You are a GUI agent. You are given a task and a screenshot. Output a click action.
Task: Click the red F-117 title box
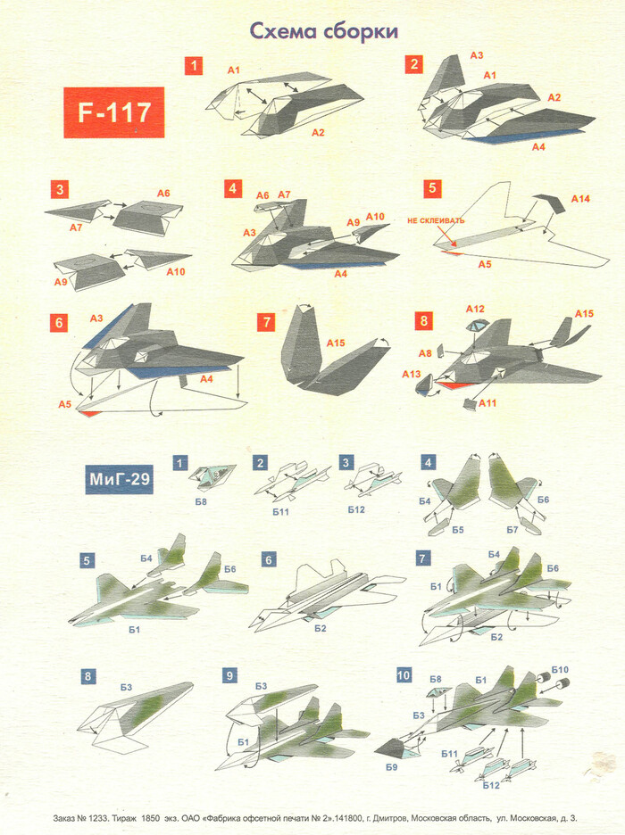(114, 112)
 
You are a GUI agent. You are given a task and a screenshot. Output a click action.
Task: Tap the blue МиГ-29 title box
(120, 479)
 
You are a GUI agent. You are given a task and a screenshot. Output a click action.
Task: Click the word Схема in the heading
(283, 31)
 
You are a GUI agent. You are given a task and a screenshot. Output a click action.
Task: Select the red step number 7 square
(266, 322)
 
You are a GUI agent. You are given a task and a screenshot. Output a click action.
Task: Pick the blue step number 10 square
(404, 675)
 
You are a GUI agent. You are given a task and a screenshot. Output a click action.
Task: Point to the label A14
(580, 199)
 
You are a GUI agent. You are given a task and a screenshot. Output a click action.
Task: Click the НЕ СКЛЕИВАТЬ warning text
(436, 220)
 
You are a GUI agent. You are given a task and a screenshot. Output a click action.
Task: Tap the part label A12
(475, 309)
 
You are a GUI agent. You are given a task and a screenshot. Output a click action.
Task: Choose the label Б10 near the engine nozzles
(560, 669)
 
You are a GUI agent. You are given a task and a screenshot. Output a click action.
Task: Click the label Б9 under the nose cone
(392, 767)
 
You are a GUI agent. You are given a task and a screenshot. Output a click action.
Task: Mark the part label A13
(411, 375)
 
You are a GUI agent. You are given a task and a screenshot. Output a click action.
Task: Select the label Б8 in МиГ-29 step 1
(201, 501)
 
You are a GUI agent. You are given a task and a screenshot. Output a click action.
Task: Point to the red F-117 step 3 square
(60, 190)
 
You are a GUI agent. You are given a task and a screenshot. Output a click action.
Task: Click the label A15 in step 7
(336, 343)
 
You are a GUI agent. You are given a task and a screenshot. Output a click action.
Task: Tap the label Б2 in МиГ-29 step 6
(320, 628)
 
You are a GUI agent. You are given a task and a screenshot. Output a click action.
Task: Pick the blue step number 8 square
(87, 677)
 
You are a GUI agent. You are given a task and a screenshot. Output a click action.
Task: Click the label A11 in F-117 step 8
(487, 403)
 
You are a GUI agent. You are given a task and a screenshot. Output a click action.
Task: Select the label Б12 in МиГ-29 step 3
(356, 509)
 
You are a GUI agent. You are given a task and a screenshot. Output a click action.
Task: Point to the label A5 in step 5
(484, 264)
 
